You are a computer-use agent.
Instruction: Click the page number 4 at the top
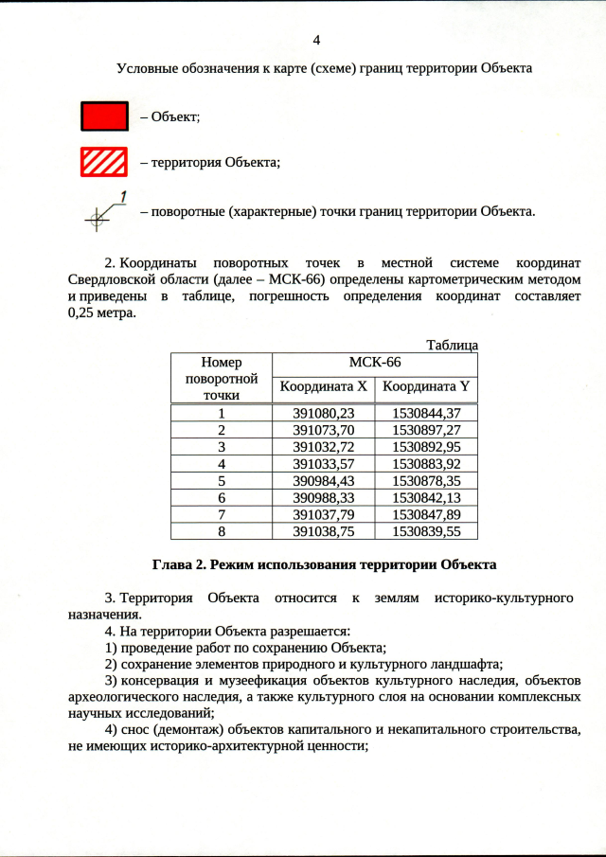click(x=316, y=40)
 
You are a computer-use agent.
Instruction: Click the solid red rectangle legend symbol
click(x=104, y=116)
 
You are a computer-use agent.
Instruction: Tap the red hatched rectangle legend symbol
click(x=104, y=162)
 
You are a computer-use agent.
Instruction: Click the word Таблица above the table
click(x=452, y=345)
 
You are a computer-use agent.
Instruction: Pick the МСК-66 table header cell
click(x=375, y=363)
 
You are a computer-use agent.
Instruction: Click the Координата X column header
click(x=323, y=386)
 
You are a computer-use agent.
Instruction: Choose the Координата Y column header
click(x=425, y=386)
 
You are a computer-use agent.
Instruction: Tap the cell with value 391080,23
click(x=323, y=413)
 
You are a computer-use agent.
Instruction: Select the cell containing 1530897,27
click(x=425, y=430)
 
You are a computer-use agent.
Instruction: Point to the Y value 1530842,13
click(x=425, y=497)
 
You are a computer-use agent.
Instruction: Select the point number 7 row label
click(x=222, y=514)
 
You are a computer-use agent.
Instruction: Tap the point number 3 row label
click(x=222, y=447)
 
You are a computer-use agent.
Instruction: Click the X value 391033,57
click(x=323, y=464)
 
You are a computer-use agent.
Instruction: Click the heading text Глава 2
click(x=179, y=564)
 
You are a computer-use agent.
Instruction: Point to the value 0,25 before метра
click(x=84, y=313)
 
